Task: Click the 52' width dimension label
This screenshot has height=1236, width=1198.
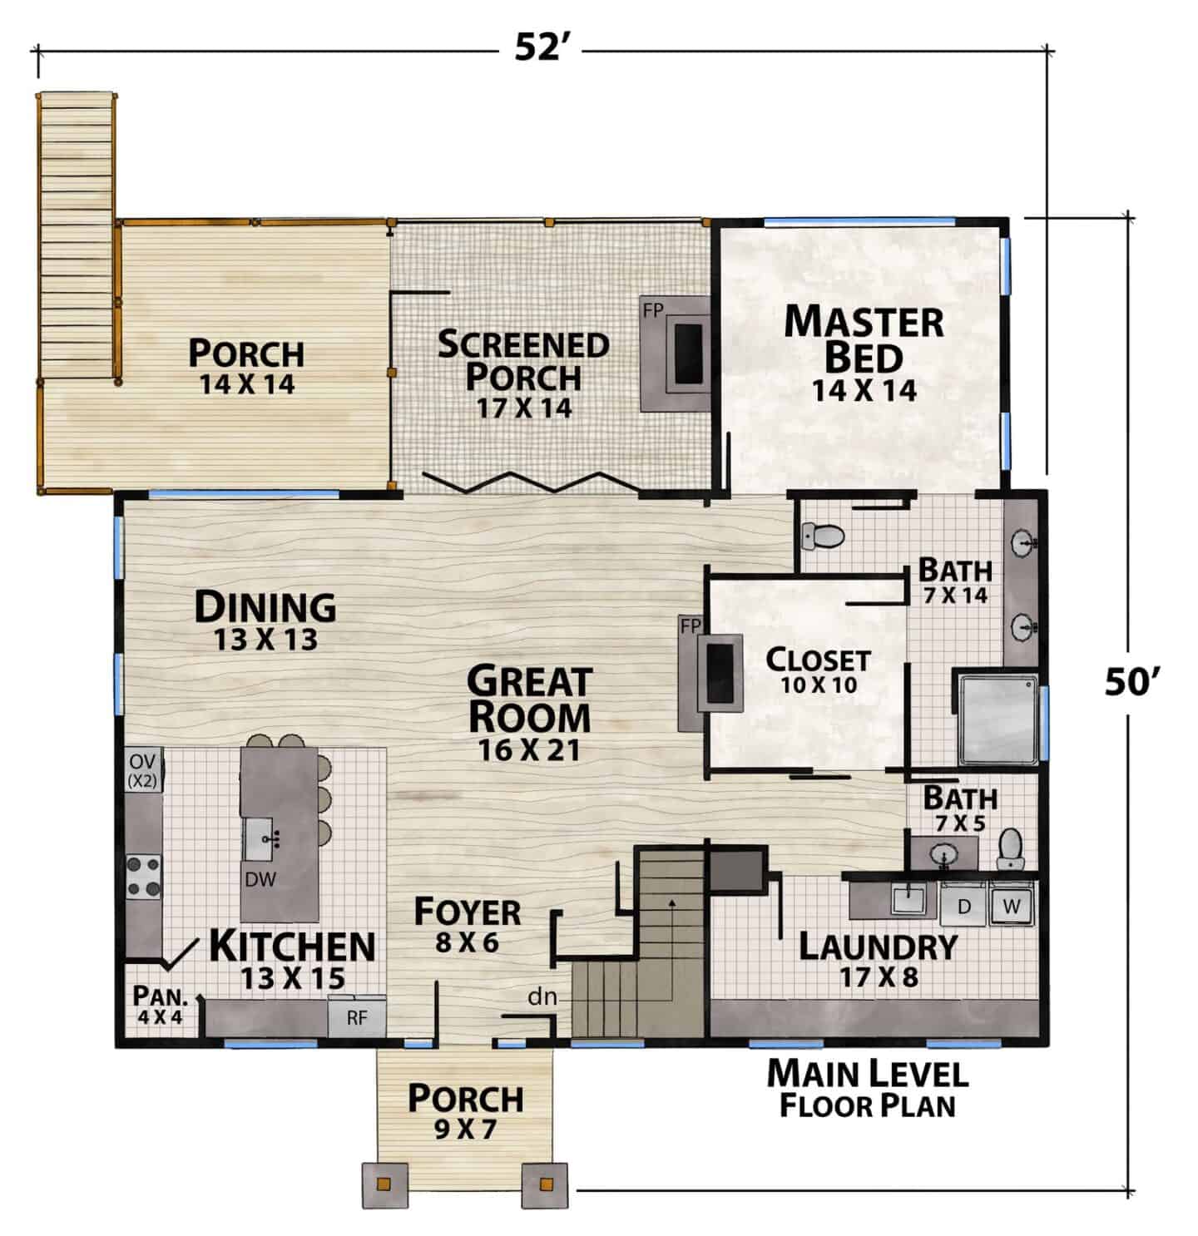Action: pyautogui.click(x=538, y=47)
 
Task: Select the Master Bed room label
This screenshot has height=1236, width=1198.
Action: pyautogui.click(x=864, y=353)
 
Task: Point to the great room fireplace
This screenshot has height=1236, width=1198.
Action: pyautogui.click(x=710, y=673)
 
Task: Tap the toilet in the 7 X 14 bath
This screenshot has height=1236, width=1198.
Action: pyautogui.click(x=822, y=536)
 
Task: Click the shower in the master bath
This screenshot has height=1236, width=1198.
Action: pyautogui.click(x=998, y=719)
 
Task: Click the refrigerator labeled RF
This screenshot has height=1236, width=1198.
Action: pyautogui.click(x=356, y=1018)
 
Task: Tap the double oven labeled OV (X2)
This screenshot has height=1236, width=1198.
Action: pyautogui.click(x=144, y=769)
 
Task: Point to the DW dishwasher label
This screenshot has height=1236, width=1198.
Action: pyautogui.click(x=260, y=879)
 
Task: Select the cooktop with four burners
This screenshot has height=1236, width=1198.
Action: pyautogui.click(x=143, y=877)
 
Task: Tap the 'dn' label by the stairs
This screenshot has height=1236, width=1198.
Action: pyautogui.click(x=542, y=997)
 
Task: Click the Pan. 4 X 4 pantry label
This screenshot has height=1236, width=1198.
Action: pyautogui.click(x=160, y=1005)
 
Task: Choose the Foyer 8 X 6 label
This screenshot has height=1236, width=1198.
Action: pyautogui.click(x=468, y=925)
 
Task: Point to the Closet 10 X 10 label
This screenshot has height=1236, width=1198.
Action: pyautogui.click(x=818, y=670)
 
